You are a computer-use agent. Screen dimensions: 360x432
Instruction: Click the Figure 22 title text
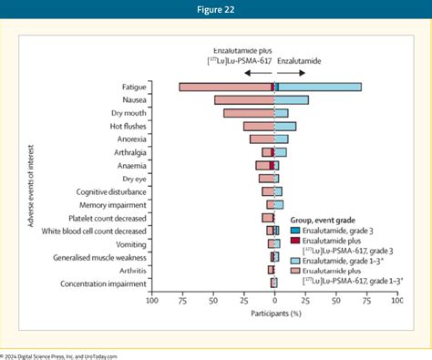coord(216,9)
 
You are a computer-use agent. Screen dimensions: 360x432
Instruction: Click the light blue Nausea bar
coord(292,99)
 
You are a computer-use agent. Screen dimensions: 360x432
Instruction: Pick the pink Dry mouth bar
coord(248,113)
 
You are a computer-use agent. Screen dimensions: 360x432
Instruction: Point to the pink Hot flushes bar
coord(258,126)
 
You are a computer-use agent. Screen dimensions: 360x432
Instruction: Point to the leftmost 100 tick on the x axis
coord(152,301)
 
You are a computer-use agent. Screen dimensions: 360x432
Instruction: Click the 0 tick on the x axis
coord(274,301)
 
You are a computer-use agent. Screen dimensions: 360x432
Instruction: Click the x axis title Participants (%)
coord(275,313)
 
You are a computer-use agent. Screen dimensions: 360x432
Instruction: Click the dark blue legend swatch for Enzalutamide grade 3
coord(295,231)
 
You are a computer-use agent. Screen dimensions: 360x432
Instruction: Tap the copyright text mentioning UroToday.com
coord(58,355)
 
